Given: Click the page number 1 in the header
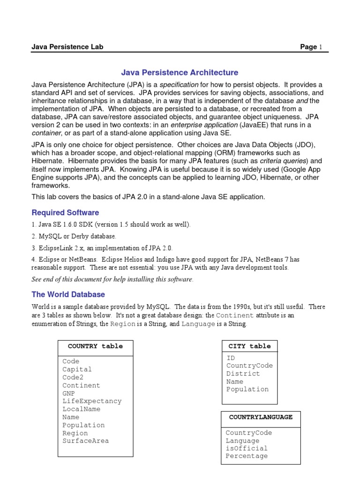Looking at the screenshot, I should click(321, 47).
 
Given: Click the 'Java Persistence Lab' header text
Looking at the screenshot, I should click(67, 47).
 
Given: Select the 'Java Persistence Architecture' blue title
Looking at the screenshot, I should click(180, 73).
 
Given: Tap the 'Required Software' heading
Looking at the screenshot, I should click(65, 212).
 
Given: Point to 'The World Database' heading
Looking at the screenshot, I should click(68, 294).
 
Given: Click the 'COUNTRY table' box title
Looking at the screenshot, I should click(95, 346).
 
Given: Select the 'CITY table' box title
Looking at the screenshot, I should click(249, 346).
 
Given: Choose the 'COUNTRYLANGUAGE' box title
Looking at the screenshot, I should click(261, 417).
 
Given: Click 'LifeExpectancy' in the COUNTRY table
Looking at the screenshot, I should click(91, 401).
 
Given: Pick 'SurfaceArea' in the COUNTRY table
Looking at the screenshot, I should click(85, 441).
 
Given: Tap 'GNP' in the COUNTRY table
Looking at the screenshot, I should click(68, 393).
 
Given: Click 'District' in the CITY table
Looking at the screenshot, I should click(243, 374).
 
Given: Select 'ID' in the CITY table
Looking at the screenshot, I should click(231, 358).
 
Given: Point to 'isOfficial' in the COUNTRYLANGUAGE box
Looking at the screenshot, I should click(247, 449).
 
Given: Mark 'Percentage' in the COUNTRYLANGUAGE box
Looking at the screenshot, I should click(247, 456).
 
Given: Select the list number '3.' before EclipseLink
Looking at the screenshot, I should click(34, 248).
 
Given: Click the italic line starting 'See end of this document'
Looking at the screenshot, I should click(112, 279).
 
